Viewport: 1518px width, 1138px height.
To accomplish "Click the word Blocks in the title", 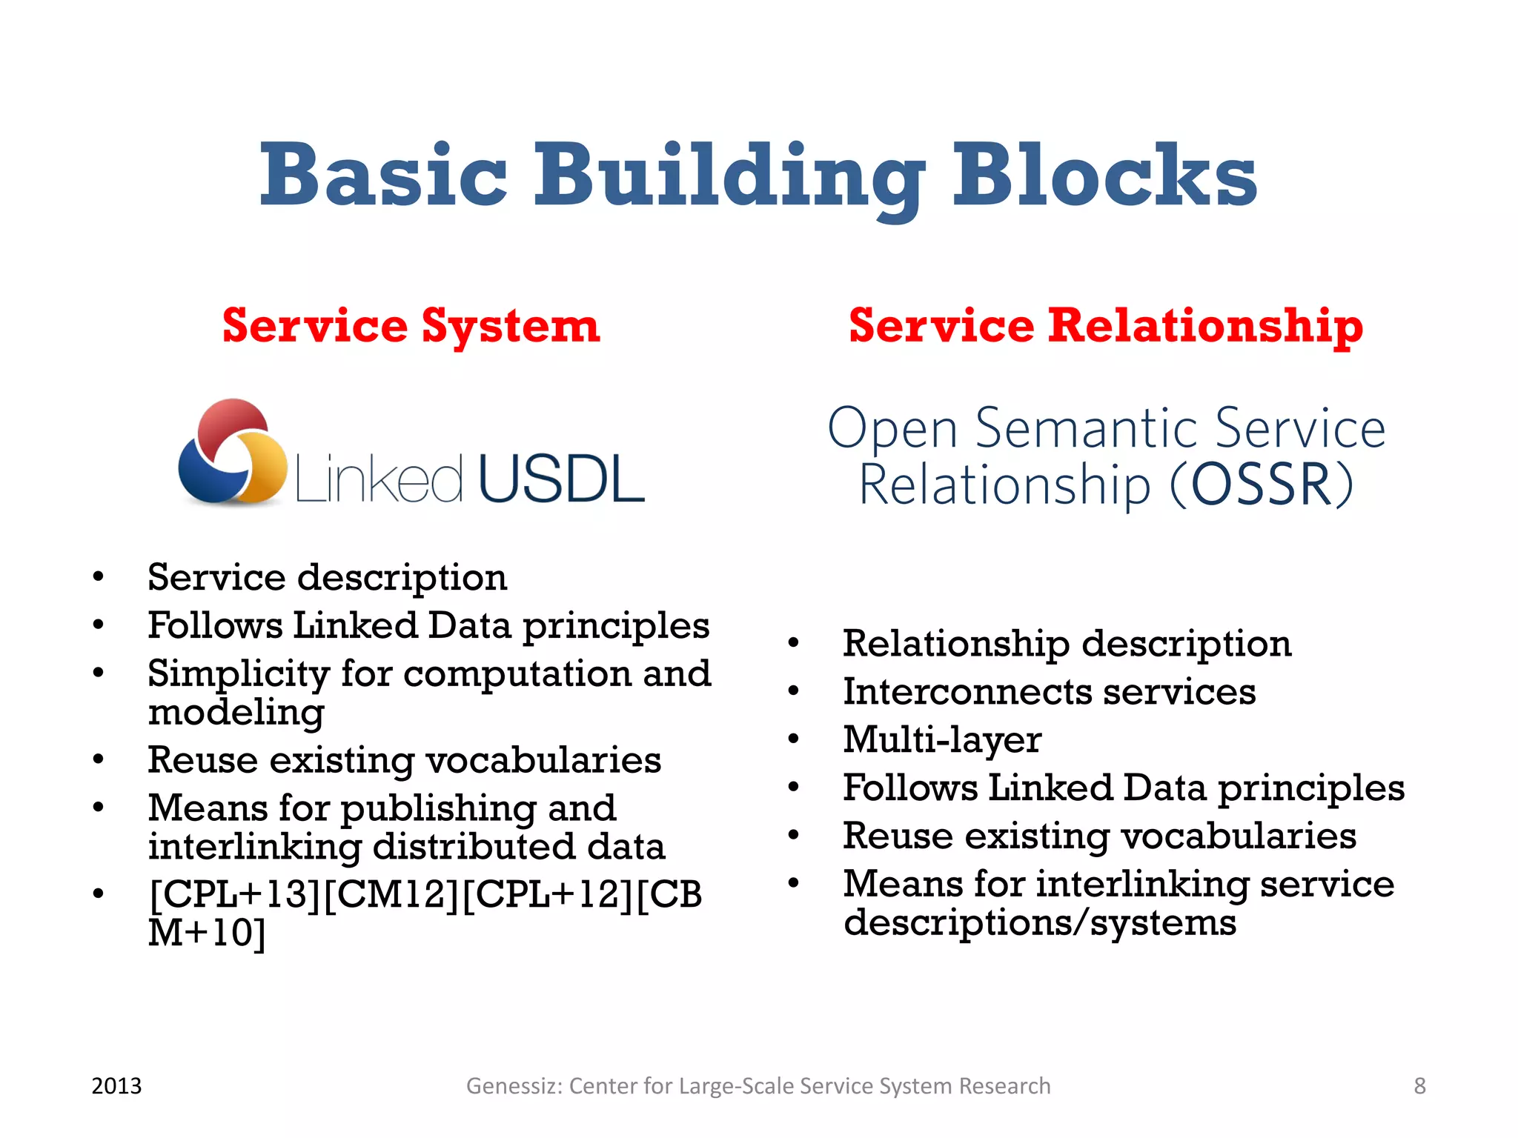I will click(x=1104, y=176).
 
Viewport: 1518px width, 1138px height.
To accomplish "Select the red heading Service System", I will click(x=411, y=326).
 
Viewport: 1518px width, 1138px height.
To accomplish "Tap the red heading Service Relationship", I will click(x=1105, y=326).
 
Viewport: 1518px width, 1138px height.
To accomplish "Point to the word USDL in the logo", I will click(x=561, y=480).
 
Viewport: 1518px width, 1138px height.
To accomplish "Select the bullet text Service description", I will click(x=327, y=577).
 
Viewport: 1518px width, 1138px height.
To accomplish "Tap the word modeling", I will click(x=236, y=713).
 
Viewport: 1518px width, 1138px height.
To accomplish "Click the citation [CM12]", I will click(x=391, y=894).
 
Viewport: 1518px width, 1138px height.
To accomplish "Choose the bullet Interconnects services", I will click(x=1049, y=692).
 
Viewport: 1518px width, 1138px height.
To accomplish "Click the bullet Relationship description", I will click(x=1067, y=643).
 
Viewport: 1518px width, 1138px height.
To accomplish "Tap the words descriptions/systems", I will click(x=1039, y=923).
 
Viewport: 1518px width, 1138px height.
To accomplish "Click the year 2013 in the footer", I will click(x=116, y=1086).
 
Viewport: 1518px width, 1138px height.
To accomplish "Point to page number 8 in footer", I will click(x=1419, y=1086).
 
